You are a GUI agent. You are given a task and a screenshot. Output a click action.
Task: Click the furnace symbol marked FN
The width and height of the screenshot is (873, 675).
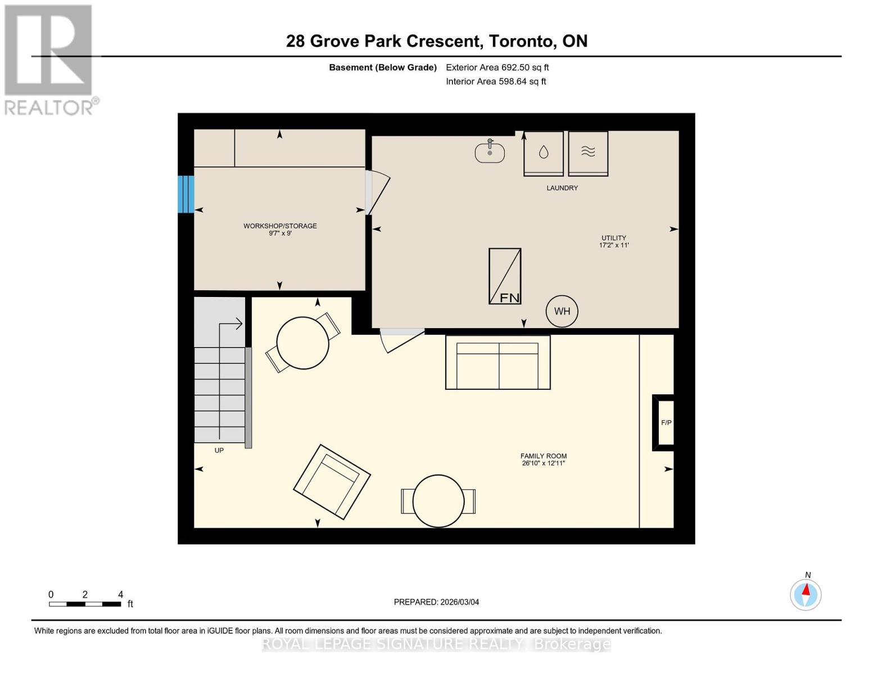coord(504,276)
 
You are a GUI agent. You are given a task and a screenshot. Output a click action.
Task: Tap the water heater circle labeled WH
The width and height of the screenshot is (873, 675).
coord(562,311)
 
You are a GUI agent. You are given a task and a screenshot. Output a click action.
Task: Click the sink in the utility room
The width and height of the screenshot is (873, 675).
coord(490,152)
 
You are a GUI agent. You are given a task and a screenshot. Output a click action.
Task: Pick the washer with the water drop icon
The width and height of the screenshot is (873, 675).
coord(543,153)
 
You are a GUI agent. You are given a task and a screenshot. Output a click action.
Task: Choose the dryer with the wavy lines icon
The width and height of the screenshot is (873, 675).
coord(587,153)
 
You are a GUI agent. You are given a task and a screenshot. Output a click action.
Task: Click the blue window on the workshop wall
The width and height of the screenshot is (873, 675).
coord(186,194)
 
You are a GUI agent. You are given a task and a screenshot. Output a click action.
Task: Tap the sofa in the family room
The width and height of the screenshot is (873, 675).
coord(497,362)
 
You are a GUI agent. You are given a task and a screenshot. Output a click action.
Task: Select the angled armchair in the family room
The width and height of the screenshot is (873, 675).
coord(332,481)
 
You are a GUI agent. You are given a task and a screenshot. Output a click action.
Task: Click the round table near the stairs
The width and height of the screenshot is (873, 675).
coord(302,343)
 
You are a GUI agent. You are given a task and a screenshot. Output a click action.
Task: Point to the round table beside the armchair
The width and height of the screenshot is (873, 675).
coord(438,501)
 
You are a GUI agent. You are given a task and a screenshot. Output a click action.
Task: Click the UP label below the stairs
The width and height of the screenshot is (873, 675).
coord(219,451)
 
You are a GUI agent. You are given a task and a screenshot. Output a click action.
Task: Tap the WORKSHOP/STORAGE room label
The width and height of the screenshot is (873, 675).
coord(280,226)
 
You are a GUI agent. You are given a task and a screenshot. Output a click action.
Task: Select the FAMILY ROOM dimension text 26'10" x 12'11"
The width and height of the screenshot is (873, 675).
coord(543,463)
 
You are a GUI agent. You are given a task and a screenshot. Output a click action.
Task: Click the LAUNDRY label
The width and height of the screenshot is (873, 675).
coord(562,188)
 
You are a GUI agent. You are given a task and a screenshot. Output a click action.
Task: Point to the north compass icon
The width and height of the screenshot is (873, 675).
coord(806,594)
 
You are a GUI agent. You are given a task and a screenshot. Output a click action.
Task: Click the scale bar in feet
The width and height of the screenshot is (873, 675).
coord(85,604)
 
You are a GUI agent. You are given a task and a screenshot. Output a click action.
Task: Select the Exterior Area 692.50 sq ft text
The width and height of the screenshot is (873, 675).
coord(497,67)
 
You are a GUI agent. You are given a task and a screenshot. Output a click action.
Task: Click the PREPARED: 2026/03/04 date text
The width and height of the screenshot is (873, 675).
coord(436,602)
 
